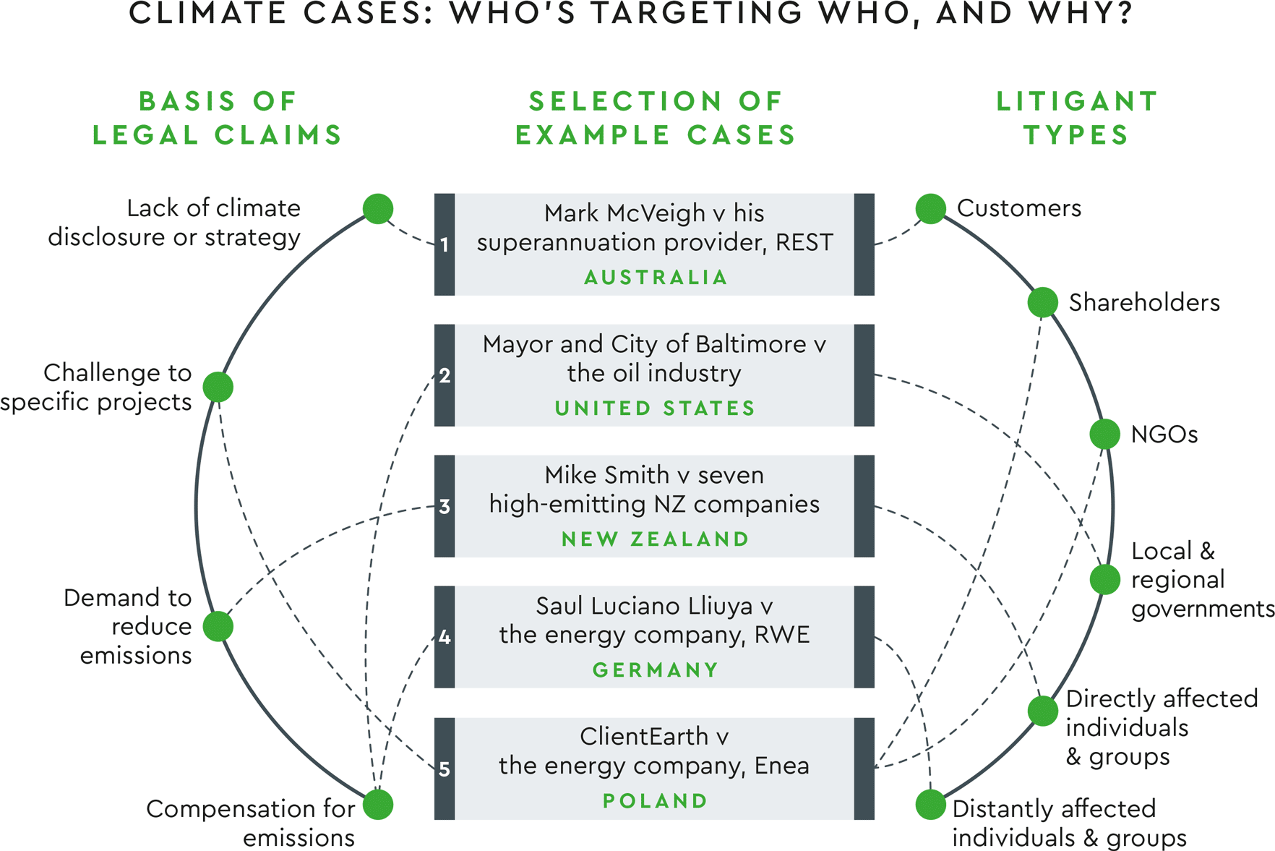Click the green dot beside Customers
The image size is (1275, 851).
point(930,209)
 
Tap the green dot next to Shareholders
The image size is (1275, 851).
point(1042,302)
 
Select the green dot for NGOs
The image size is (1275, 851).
point(1104,434)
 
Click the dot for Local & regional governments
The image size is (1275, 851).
point(1104,579)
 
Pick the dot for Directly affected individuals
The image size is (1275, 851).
point(1042,711)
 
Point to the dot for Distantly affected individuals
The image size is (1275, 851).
point(930,805)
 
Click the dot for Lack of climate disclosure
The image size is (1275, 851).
point(377,209)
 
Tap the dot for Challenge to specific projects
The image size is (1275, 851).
point(218,387)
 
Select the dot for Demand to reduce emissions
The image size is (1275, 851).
point(218,626)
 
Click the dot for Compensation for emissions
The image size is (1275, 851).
point(377,805)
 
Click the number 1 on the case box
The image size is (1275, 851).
point(445,245)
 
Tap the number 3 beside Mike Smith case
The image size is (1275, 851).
point(445,507)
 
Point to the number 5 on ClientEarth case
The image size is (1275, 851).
point(445,769)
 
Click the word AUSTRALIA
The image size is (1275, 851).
point(655,278)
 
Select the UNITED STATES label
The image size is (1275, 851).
point(655,409)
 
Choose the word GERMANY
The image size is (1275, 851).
point(655,670)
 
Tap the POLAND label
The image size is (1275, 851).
point(655,801)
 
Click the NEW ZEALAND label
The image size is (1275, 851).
point(655,539)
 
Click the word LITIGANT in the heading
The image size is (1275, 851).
point(1077,102)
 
